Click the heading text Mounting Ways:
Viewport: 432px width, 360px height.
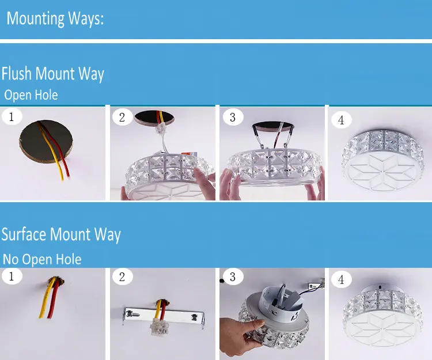[55, 19]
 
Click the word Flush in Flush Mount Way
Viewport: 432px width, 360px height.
[16, 73]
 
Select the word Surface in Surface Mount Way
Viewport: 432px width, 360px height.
[24, 234]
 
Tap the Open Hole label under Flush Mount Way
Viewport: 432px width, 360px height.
[31, 95]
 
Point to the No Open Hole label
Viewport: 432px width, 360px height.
[42, 259]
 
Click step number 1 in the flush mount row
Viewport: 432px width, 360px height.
[12, 117]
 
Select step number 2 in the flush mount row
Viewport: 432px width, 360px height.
[122, 118]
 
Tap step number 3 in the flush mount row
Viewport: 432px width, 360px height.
[233, 118]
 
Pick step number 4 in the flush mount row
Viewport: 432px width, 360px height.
[341, 120]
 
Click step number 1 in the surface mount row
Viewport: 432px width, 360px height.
[12, 276]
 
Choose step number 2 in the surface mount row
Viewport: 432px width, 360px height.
[122, 277]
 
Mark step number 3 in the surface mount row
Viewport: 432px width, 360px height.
[233, 277]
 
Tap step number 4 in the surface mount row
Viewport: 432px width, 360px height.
[341, 279]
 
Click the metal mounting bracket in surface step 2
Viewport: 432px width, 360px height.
[164, 317]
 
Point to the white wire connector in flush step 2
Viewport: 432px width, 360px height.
[161, 128]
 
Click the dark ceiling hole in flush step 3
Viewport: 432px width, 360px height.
[273, 126]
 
